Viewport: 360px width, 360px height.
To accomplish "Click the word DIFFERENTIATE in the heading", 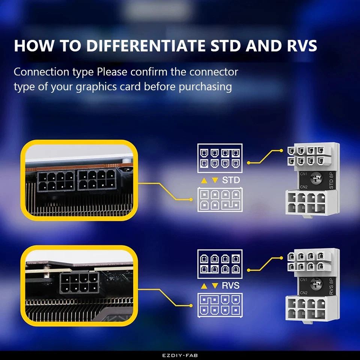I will pyautogui.click(x=146, y=46).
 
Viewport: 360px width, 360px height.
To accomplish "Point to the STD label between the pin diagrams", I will pyautogui.click(x=231, y=180).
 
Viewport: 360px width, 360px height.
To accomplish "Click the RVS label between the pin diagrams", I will pyautogui.click(x=231, y=286).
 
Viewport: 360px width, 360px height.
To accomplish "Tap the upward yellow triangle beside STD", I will pyautogui.click(x=204, y=180).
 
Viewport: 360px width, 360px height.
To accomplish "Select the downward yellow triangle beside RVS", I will pyautogui.click(x=215, y=286).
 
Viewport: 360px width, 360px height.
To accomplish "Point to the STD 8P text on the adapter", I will pyautogui.click(x=331, y=179).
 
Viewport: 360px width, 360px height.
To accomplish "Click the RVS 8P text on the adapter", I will pyautogui.click(x=331, y=285).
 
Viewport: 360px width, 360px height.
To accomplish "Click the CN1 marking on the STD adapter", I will pyautogui.click(x=304, y=174).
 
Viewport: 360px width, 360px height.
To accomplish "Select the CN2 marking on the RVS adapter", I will pyautogui.click(x=304, y=292).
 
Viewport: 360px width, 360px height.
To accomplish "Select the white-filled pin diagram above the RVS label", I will pyautogui.click(x=220, y=264).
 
